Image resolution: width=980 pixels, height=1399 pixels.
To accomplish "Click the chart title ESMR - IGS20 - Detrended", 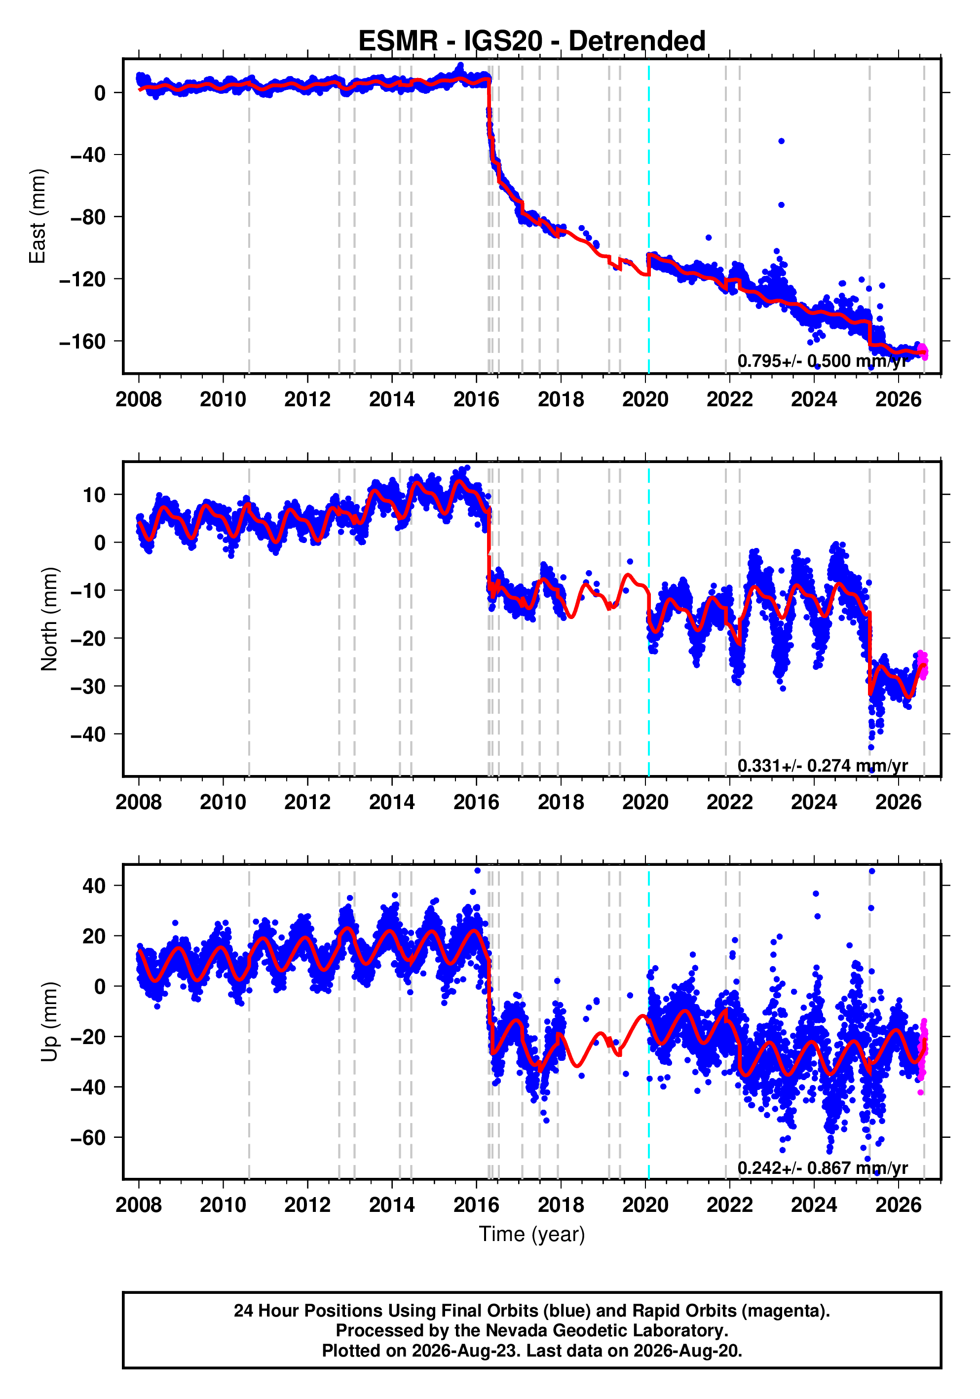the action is click(532, 41).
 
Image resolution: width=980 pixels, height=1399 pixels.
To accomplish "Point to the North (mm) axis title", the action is click(49, 619).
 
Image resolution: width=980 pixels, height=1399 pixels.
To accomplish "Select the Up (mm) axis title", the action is click(49, 1022).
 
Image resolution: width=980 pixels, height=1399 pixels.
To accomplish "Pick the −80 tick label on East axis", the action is click(88, 217).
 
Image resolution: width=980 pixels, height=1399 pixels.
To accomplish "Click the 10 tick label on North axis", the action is click(94, 495).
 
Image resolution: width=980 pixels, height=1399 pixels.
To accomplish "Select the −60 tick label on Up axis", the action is click(88, 1137).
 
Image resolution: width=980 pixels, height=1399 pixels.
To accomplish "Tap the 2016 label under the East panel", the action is click(476, 400).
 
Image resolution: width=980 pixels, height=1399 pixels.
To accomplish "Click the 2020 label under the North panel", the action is click(645, 803).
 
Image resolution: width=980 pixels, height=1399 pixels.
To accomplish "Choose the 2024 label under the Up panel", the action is click(814, 1205).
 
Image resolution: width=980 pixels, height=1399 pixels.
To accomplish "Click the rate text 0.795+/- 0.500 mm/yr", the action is click(822, 361).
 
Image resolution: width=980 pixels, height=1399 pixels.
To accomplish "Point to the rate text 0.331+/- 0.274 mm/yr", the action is click(822, 765).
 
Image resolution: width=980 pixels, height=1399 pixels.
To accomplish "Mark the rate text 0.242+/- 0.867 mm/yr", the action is click(822, 1167).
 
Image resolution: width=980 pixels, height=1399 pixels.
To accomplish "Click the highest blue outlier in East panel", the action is click(781, 141).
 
